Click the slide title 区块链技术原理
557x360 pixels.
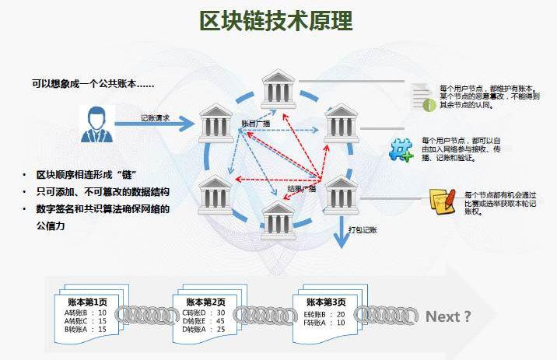click(x=276, y=20)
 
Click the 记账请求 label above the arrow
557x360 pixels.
click(x=155, y=117)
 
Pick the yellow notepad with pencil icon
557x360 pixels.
click(x=441, y=201)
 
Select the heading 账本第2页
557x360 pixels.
click(x=205, y=302)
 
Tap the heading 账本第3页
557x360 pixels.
click(x=326, y=302)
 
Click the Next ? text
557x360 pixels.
click(x=448, y=316)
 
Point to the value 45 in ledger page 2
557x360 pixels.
click(x=221, y=320)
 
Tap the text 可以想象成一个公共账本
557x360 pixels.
click(x=92, y=82)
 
